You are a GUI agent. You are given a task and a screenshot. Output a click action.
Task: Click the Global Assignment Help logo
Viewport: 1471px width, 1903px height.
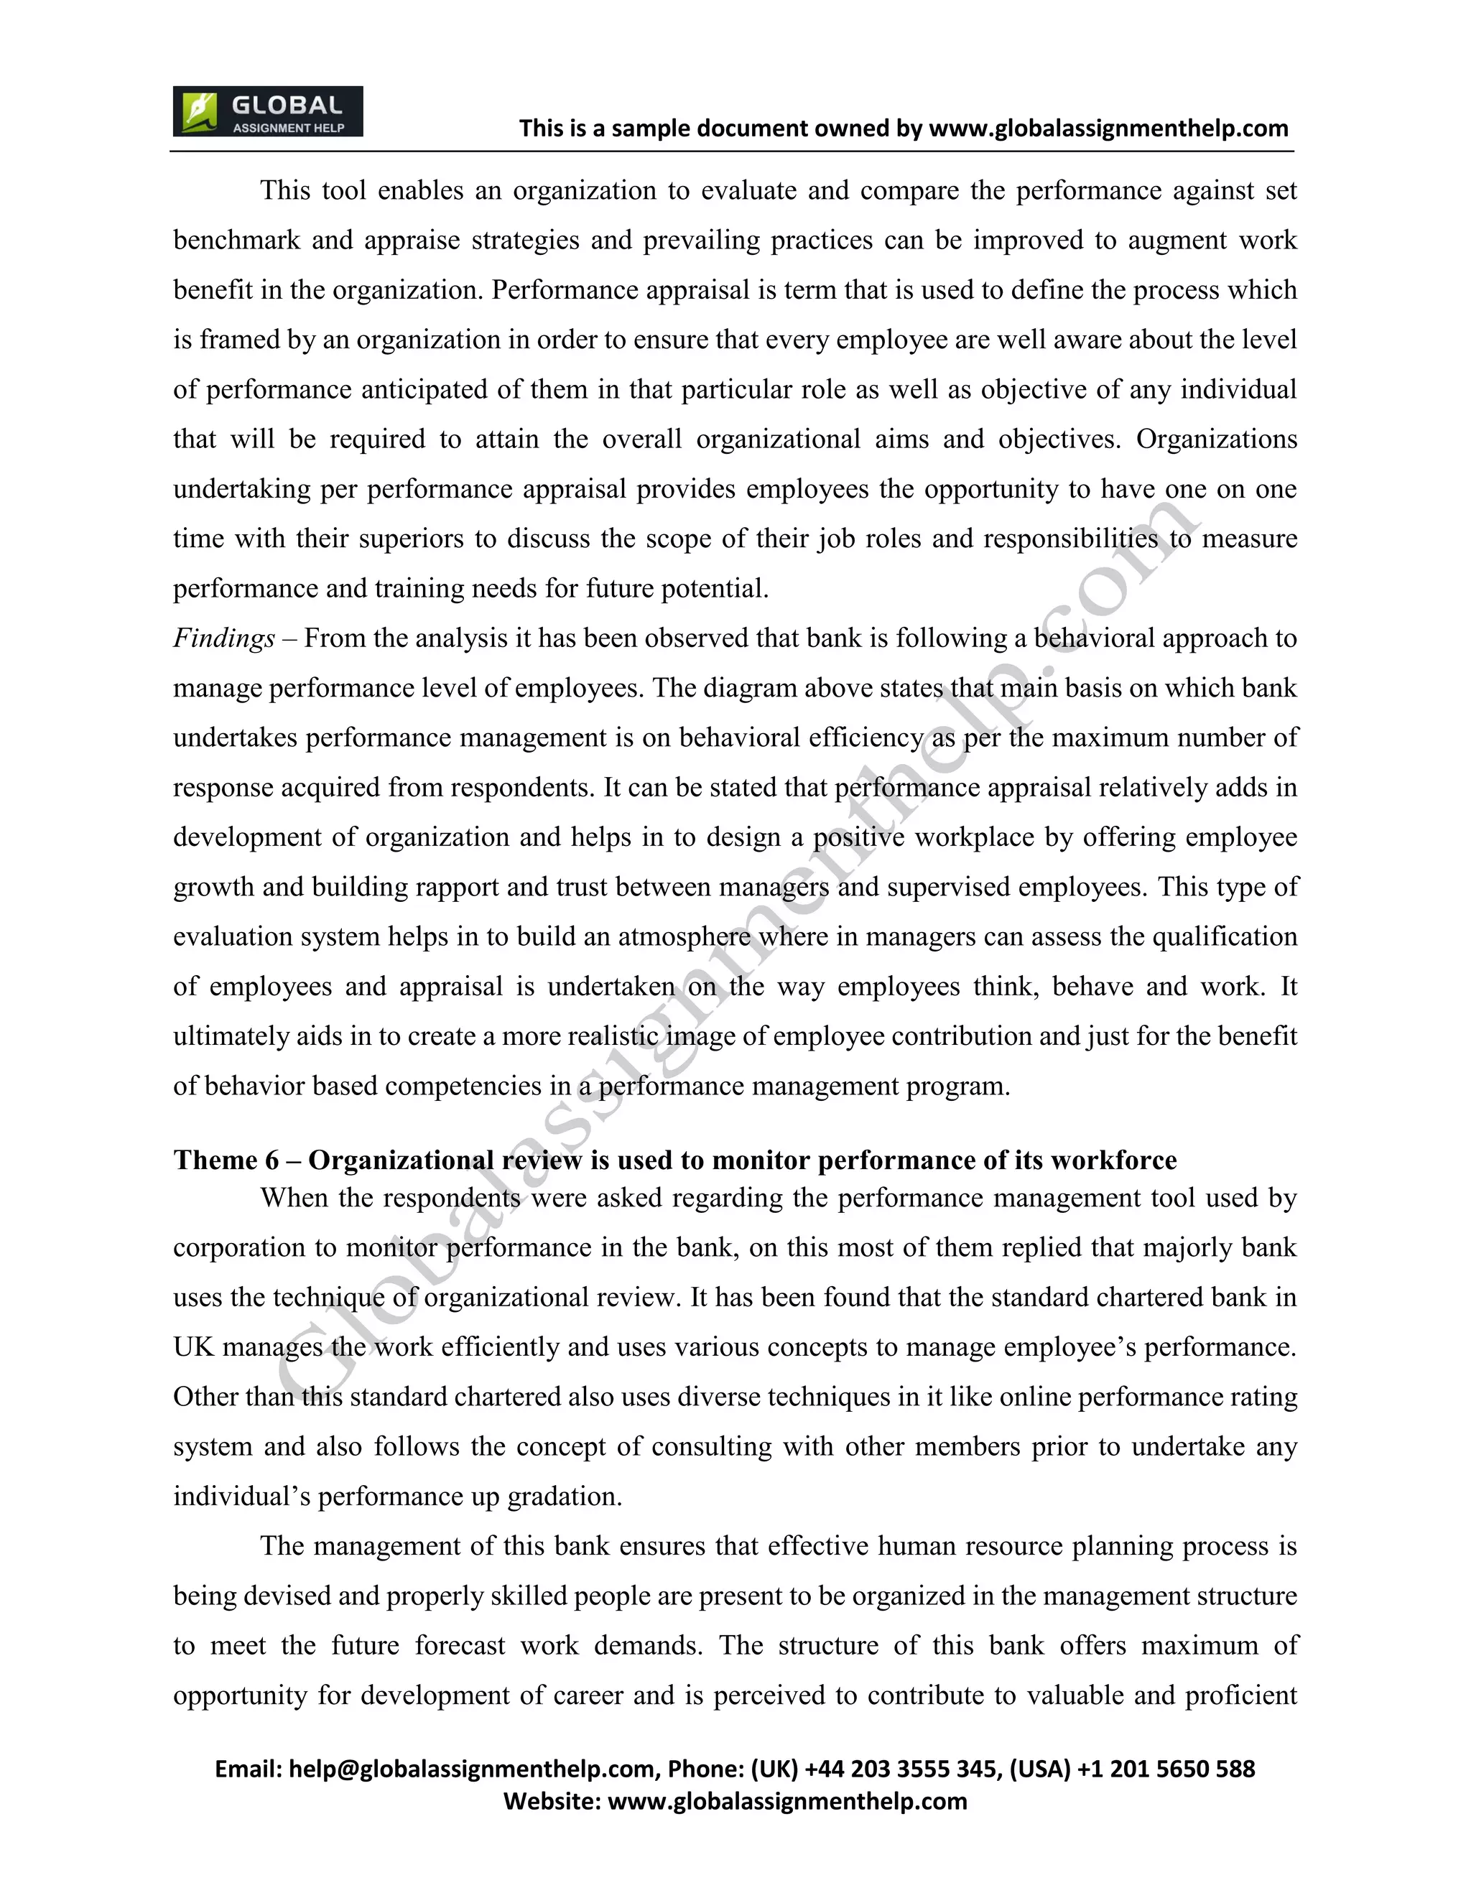pyautogui.click(x=267, y=111)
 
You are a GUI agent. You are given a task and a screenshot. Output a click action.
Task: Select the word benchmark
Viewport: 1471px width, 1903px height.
pyautogui.click(x=236, y=240)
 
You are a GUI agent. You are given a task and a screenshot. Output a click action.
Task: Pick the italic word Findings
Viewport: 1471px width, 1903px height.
pyautogui.click(x=224, y=638)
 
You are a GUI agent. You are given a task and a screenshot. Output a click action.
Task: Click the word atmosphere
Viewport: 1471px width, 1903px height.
pyautogui.click(x=684, y=936)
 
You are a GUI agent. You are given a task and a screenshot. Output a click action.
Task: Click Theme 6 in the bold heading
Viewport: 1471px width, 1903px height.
pyautogui.click(x=226, y=1160)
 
